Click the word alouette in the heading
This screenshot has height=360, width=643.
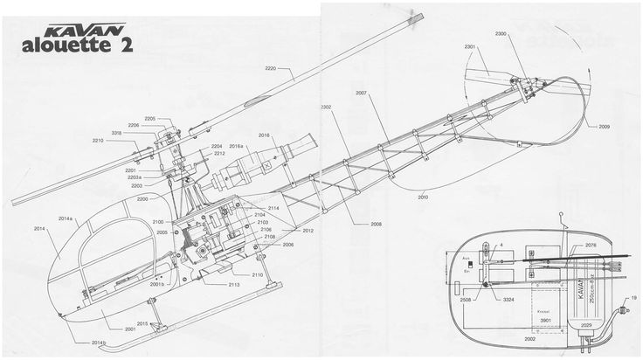click(76, 47)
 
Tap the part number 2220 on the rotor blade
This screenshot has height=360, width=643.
click(272, 69)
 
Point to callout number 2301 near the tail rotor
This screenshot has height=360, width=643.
click(470, 46)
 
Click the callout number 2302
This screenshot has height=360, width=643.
click(327, 107)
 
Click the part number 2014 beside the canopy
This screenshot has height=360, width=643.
click(39, 228)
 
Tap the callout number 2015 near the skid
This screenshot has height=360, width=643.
click(142, 323)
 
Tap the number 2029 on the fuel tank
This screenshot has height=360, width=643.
click(586, 325)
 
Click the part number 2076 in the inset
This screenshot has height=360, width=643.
click(591, 246)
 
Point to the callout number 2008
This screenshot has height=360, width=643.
click(376, 225)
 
